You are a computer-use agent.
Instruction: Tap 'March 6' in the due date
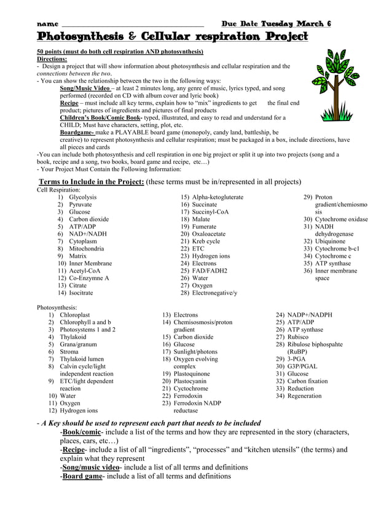point(313,23)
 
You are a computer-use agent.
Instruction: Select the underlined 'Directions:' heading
point(52,59)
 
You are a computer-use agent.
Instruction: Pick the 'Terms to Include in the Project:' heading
point(92,182)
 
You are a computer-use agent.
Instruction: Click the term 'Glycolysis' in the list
point(82,197)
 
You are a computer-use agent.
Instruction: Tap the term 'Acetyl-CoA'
point(84,271)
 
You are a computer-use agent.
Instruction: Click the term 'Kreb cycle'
point(206,241)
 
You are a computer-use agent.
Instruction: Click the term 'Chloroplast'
point(74,315)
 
